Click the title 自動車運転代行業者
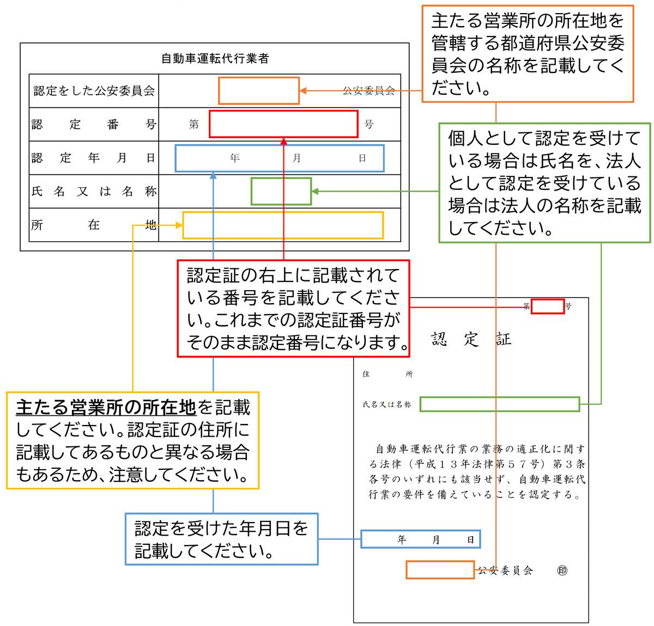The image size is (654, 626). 215,58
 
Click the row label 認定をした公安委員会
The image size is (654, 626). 94,91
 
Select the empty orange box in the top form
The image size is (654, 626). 259,91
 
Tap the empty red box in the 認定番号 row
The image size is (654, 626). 283,124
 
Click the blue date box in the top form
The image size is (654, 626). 280,158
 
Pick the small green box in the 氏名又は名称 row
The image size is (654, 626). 281,192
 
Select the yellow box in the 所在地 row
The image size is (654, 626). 283,225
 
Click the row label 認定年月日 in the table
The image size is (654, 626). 94,158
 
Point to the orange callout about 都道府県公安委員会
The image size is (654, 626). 528,54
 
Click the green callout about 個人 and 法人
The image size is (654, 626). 544,183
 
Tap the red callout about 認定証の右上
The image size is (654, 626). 293,309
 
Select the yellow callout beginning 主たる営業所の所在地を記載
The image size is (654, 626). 132,440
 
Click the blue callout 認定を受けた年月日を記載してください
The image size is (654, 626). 221,539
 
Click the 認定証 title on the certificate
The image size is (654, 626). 471,339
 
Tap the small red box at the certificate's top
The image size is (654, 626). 547,306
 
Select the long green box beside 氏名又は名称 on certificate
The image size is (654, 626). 499,404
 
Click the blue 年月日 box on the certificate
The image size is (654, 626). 420,539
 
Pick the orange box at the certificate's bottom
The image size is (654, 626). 440,570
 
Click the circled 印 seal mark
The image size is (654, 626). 562,570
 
